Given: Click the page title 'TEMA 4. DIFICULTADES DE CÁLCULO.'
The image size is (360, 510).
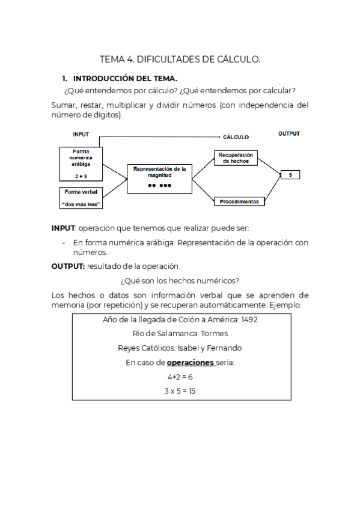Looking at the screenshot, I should pyautogui.click(x=180, y=59).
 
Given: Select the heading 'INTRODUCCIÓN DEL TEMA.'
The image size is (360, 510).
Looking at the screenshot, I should pyautogui.click(x=124, y=79).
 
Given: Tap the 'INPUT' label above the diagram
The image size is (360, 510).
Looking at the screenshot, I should pyautogui.click(x=81, y=134).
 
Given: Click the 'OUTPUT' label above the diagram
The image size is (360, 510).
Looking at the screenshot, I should pyautogui.click(x=288, y=134).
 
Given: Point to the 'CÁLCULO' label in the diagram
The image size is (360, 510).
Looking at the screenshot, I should pyautogui.click(x=236, y=137).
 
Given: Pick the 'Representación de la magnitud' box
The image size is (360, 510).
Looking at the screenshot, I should pyautogui.click(x=160, y=178).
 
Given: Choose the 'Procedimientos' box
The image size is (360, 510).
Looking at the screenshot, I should pyautogui.click(x=239, y=201).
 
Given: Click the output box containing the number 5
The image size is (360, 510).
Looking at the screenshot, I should pyautogui.click(x=290, y=175).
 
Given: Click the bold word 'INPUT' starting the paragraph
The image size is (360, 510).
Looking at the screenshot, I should pyautogui.click(x=63, y=229).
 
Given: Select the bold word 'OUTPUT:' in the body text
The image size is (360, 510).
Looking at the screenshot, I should pyautogui.click(x=68, y=266).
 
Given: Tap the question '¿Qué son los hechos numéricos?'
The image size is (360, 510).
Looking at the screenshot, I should pyautogui.click(x=180, y=280).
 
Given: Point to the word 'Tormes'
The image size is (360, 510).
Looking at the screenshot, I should pyautogui.click(x=214, y=334).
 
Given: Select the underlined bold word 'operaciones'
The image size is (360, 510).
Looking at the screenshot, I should pyautogui.click(x=191, y=363).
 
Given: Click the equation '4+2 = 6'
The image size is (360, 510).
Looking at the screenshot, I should pyautogui.click(x=180, y=376).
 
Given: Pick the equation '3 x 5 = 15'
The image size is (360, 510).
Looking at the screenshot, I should pyautogui.click(x=180, y=391).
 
